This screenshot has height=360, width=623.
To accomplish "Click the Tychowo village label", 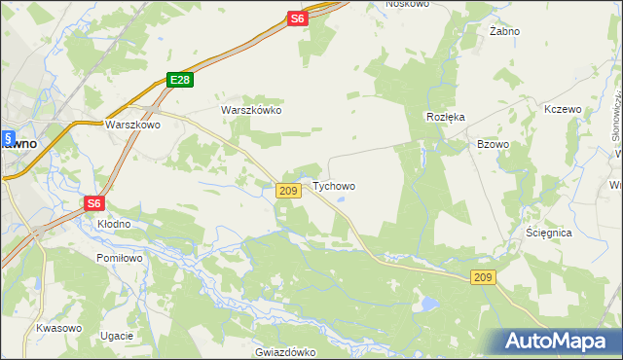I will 334,186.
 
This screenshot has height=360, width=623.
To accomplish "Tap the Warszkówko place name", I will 251,110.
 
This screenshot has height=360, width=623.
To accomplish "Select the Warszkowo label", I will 132,125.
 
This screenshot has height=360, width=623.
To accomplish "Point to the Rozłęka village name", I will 446,116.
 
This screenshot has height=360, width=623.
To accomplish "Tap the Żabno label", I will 504,31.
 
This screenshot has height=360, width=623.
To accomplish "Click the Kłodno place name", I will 114,224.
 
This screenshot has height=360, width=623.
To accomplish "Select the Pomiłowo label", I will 120,258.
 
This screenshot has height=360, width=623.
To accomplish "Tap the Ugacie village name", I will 116,336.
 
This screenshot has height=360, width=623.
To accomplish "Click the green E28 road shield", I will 178,81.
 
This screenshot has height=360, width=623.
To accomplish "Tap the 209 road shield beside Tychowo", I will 287,191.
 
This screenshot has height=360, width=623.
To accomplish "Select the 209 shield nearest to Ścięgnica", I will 484,278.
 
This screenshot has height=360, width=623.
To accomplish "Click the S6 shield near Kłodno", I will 93,203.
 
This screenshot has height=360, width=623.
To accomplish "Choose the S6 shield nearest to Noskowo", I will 298,18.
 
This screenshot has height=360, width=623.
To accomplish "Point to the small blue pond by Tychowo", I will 341,201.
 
